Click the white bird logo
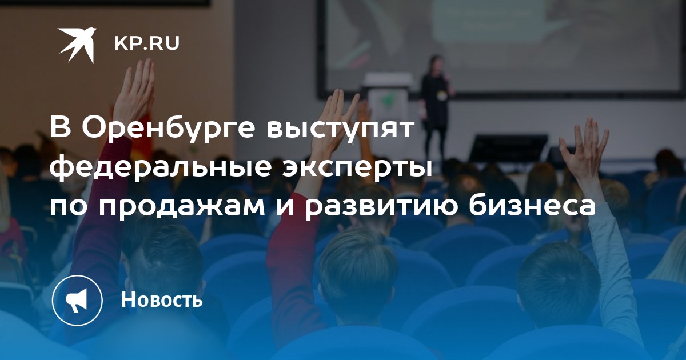coord(77,45)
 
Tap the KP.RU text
coord(147,43)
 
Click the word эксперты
coord(357,170)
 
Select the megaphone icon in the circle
coord(77,301)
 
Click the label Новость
coord(162,299)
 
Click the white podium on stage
coord(387,101)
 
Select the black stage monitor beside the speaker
coord(508,149)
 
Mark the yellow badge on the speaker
coord(441,95)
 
